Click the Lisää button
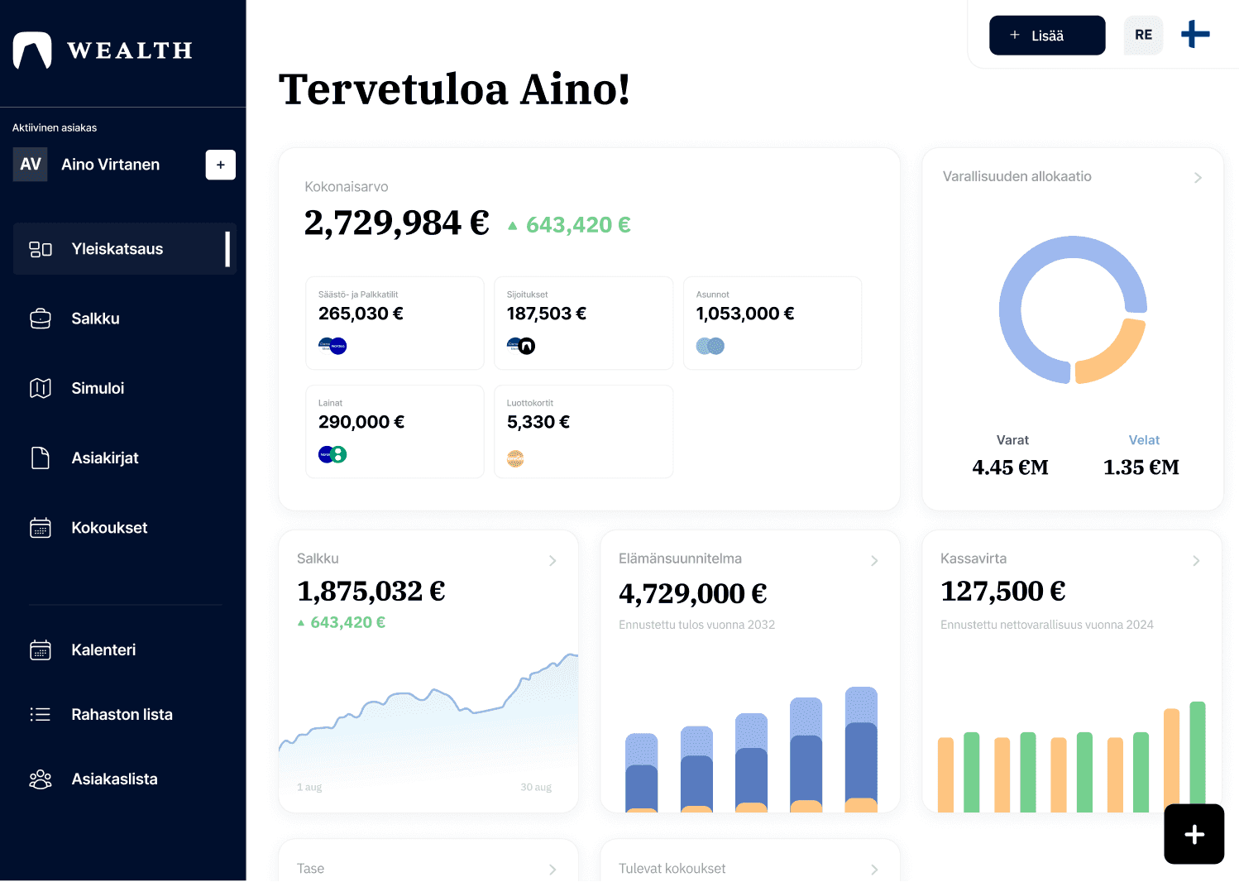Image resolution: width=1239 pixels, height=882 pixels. click(x=1046, y=36)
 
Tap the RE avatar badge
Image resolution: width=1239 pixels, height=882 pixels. click(x=1143, y=36)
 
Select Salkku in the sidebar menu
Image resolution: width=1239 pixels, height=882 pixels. click(x=95, y=319)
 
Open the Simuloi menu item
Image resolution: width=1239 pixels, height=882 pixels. click(x=98, y=388)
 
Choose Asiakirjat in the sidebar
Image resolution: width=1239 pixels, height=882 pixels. click(x=104, y=458)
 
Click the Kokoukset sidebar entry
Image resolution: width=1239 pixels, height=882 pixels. click(x=109, y=528)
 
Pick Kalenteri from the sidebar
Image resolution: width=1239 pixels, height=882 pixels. click(x=103, y=650)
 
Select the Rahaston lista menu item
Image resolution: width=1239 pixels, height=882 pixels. click(x=122, y=715)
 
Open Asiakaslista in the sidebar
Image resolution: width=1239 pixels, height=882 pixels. click(x=114, y=779)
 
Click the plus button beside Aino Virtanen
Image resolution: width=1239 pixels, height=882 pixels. click(x=220, y=165)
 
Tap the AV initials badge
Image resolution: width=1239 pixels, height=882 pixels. click(x=31, y=165)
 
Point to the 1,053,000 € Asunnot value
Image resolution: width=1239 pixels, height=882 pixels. click(x=744, y=314)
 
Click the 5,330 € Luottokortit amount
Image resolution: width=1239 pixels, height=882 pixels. click(x=538, y=422)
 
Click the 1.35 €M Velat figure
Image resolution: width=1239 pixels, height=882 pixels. click(x=1141, y=467)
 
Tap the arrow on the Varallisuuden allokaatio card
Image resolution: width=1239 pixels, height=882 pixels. click(x=1198, y=178)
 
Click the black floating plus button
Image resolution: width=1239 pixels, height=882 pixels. click(x=1194, y=834)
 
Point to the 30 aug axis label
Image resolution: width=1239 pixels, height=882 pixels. click(x=536, y=787)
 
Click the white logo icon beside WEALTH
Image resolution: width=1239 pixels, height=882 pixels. click(x=32, y=50)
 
